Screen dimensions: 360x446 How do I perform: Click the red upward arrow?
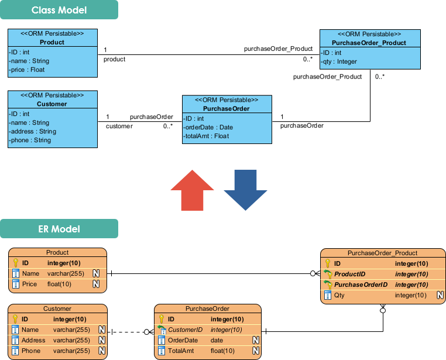(x=193, y=190)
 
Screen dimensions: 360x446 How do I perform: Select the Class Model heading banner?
(x=59, y=10)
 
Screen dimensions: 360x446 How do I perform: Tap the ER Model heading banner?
(x=59, y=229)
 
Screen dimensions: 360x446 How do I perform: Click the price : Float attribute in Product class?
(x=28, y=70)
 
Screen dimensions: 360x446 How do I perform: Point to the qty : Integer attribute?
(x=339, y=61)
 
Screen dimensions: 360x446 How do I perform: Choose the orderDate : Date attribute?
(x=208, y=127)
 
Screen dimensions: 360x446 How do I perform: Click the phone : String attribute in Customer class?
(x=30, y=140)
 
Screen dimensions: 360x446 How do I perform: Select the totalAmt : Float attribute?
(x=207, y=136)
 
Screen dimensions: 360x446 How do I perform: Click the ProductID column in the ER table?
(x=349, y=274)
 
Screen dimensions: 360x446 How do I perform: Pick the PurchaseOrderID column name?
(x=361, y=284)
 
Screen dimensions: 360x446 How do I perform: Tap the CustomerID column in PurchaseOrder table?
(x=185, y=330)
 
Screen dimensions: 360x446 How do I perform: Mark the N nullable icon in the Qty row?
(x=440, y=295)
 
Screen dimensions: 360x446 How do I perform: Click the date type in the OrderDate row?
(x=217, y=340)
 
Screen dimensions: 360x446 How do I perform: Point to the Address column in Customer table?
(x=33, y=340)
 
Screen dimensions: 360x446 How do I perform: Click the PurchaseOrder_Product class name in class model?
(x=369, y=43)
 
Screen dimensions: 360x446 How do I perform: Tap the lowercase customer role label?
(x=119, y=126)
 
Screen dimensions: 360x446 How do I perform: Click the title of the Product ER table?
(x=57, y=252)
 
